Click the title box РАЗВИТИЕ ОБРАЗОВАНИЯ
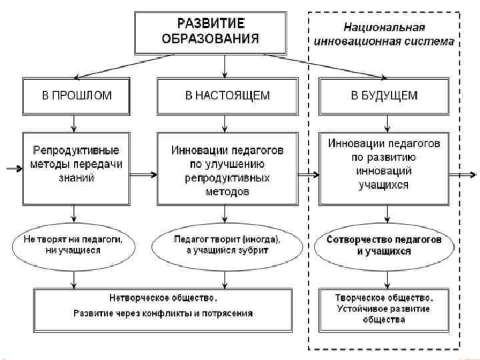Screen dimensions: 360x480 pos(209,31)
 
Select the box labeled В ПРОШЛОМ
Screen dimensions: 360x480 pos(77,95)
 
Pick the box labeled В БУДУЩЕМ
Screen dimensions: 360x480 pos(385,95)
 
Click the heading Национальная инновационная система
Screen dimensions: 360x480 pos(385,34)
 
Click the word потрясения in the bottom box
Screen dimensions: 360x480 pos(231,312)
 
